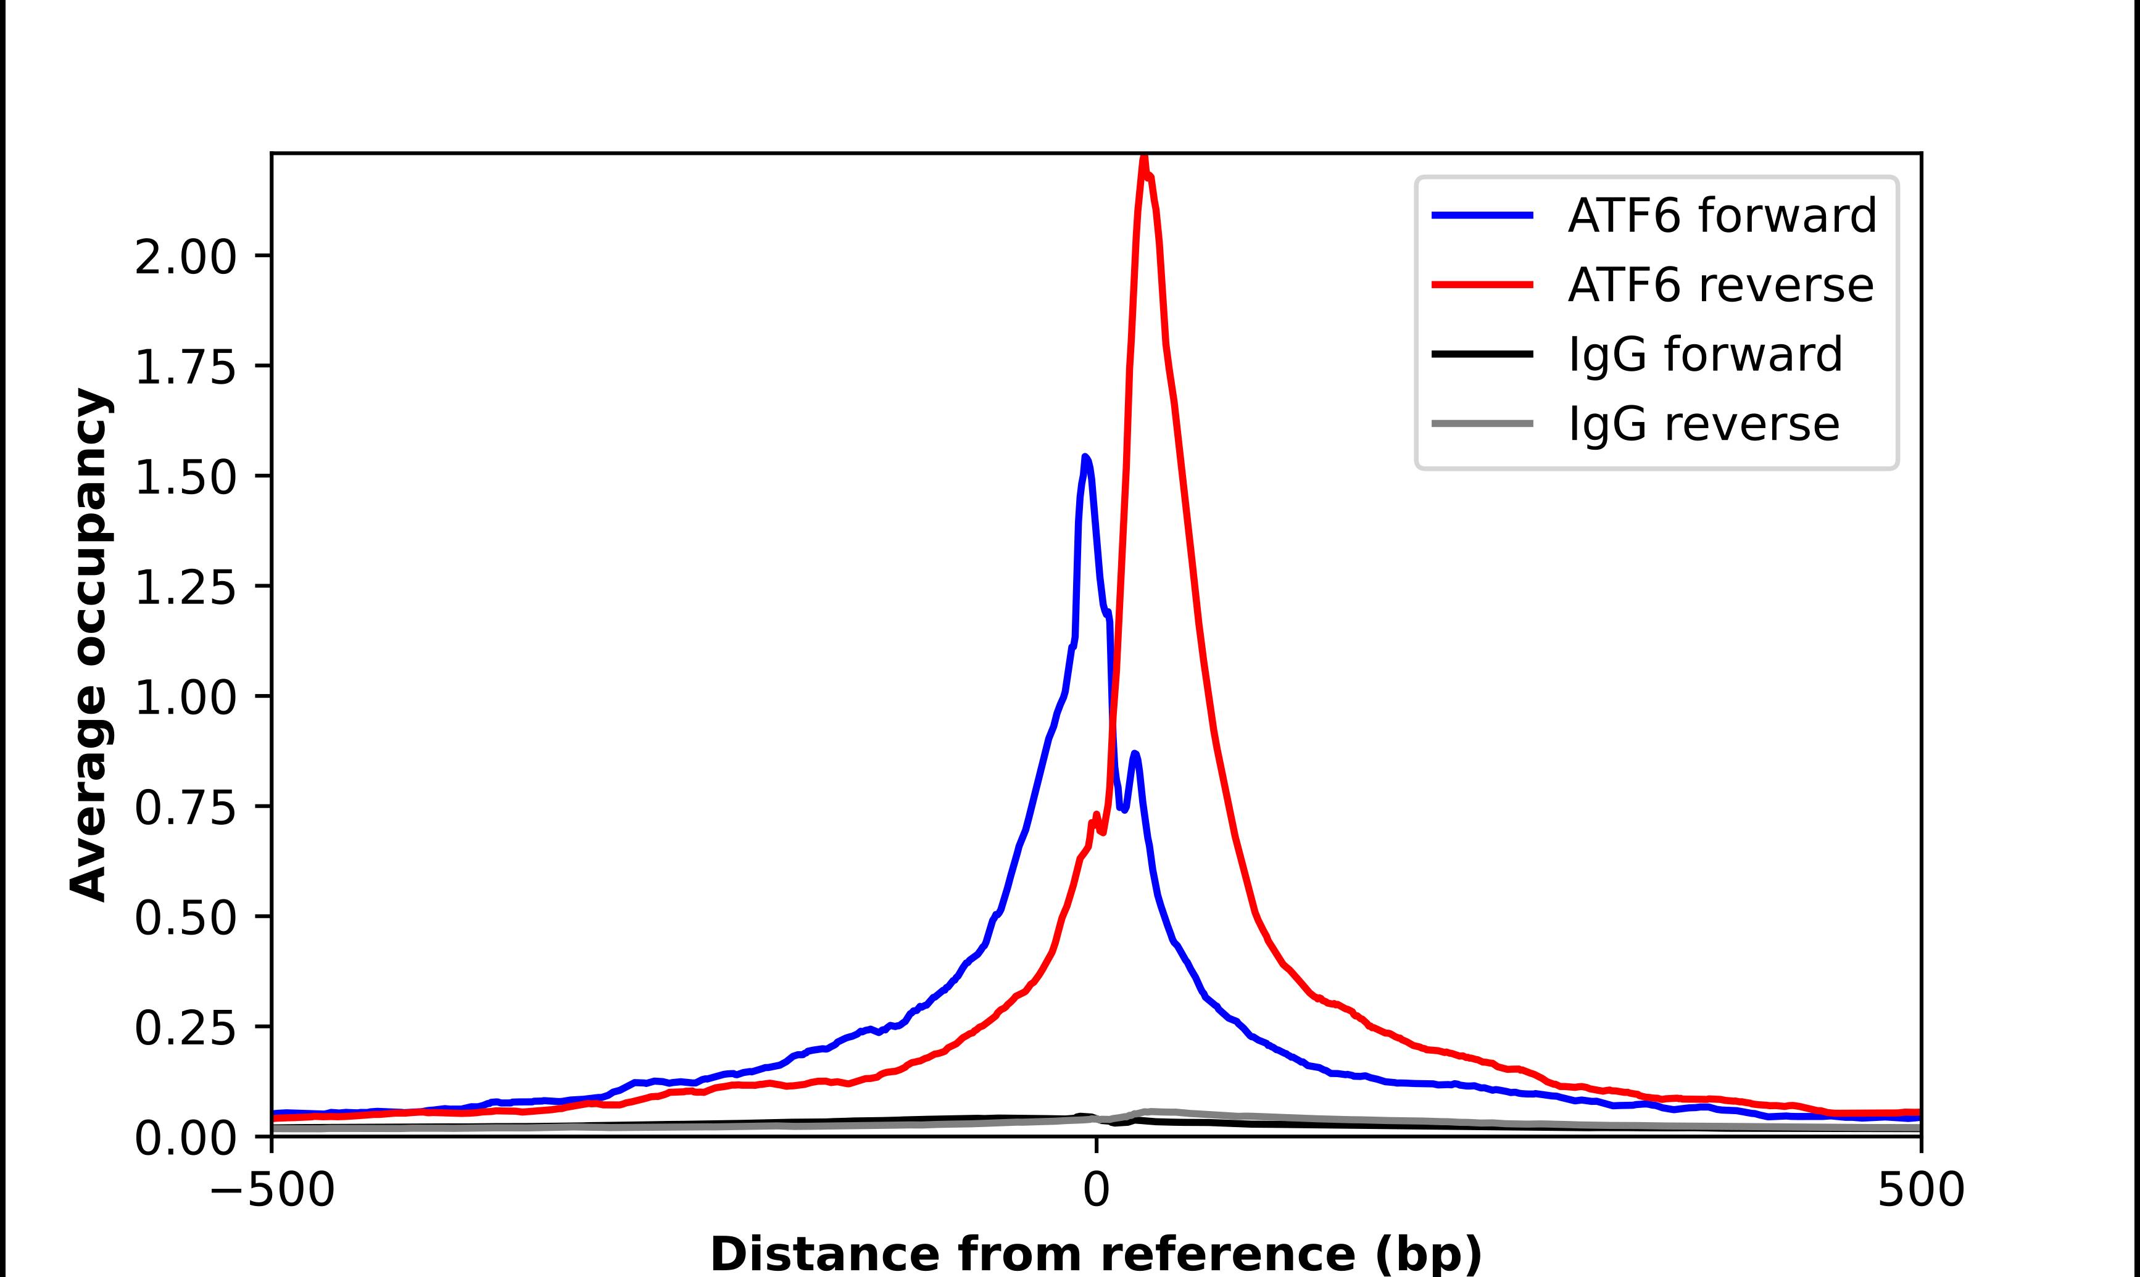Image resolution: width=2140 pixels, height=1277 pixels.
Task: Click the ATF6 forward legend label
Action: [1721, 215]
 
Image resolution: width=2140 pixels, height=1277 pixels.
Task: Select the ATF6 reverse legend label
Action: [1720, 285]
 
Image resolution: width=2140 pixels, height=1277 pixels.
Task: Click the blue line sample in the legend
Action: [1482, 215]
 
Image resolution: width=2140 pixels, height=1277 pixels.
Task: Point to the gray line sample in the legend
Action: [1482, 423]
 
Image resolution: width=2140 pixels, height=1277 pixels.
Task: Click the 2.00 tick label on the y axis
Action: [185, 257]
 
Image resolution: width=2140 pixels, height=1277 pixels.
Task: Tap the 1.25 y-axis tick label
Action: [185, 588]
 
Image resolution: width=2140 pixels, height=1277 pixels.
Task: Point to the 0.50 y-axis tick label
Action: [185, 917]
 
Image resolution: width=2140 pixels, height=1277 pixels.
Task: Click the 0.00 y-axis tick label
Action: [185, 1138]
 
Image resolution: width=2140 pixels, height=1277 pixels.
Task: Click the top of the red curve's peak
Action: [1143, 157]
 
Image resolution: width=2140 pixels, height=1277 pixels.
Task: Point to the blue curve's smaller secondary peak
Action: [1135, 754]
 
